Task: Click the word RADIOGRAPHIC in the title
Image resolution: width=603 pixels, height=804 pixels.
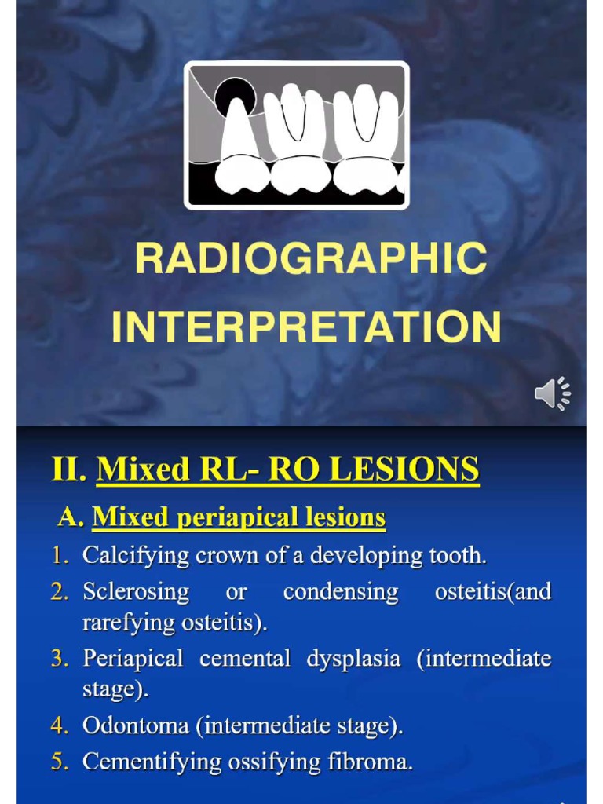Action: click(311, 258)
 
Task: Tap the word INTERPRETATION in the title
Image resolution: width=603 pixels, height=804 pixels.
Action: click(306, 327)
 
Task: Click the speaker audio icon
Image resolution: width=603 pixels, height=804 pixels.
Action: click(553, 393)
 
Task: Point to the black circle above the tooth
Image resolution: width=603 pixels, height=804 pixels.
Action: click(235, 97)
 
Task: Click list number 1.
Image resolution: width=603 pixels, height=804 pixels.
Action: click(60, 556)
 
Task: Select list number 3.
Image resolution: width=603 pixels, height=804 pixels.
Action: click(60, 658)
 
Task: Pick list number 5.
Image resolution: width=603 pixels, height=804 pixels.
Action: click(60, 762)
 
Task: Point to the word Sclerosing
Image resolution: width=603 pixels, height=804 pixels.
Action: click(136, 591)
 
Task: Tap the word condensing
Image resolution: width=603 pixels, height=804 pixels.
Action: click(341, 591)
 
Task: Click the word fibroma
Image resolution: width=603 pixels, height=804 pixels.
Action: click(374, 762)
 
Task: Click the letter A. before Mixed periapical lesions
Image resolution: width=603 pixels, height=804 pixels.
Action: click(71, 517)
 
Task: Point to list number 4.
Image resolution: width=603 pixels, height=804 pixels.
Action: click(60, 726)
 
